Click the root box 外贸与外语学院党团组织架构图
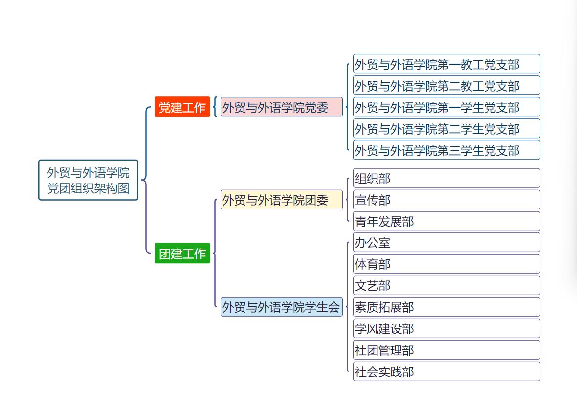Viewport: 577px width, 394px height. (x=88, y=180)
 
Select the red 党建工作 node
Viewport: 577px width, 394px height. (x=182, y=107)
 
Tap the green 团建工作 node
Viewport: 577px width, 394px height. (x=182, y=254)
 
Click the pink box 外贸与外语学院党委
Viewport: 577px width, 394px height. (x=281, y=107)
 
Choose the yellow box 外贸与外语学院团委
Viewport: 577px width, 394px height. (x=281, y=200)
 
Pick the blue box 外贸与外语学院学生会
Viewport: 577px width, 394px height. (x=281, y=307)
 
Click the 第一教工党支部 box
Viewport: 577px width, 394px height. (x=446, y=64)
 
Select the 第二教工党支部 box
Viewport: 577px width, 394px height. (x=446, y=86)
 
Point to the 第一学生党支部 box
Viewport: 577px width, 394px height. (x=446, y=107)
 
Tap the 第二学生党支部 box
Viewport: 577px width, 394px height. (x=446, y=129)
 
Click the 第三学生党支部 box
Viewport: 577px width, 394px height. (x=446, y=150)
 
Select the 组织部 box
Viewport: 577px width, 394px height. (x=446, y=178)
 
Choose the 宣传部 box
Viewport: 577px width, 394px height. (x=446, y=200)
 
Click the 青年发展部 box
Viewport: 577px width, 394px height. (x=446, y=221)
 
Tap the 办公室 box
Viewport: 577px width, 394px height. (x=446, y=243)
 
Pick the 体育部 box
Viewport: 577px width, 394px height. (x=446, y=264)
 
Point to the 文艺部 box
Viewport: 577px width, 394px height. (x=446, y=286)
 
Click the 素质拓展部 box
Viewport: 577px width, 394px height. (x=446, y=307)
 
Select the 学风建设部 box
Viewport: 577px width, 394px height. (x=446, y=329)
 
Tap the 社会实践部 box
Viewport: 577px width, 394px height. (x=446, y=372)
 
